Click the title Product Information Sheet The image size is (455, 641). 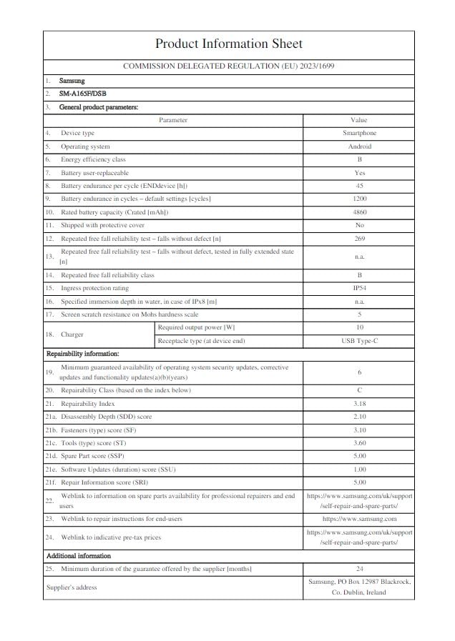pyautogui.click(x=228, y=44)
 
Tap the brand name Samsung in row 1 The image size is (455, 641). pyautogui.click(x=72, y=81)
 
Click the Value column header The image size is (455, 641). pyautogui.click(x=358, y=120)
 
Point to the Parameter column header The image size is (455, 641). pyautogui.click(x=173, y=120)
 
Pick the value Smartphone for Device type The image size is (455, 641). pyautogui.click(x=358, y=133)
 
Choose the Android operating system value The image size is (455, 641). pyautogui.click(x=358, y=146)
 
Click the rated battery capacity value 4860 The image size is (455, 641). pyautogui.click(x=358, y=212)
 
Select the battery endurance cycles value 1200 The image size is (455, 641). pyautogui.click(x=358, y=199)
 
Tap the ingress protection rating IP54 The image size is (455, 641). pyautogui.click(x=358, y=288)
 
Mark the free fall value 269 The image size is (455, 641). pyautogui.click(x=358, y=238)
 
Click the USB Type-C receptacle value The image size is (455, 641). pyautogui.click(x=358, y=341)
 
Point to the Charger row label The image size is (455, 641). pyautogui.click(x=72, y=334)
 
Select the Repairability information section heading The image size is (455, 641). pyautogui.click(x=82, y=354)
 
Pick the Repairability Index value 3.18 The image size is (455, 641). pyautogui.click(x=358, y=404)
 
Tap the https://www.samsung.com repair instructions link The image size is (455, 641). pyautogui.click(x=358, y=519)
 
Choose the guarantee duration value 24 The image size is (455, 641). pyautogui.click(x=358, y=568)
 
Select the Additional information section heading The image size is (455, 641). pyautogui.click(x=79, y=555)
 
